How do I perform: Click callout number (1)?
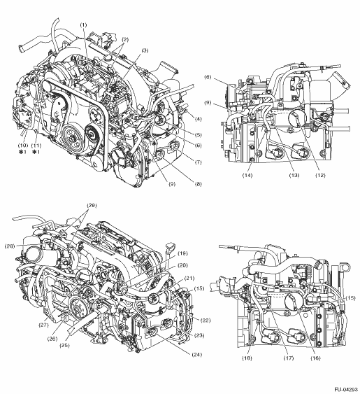click(x=83, y=25)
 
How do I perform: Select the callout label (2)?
click(x=125, y=39)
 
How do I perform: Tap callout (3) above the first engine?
click(x=145, y=50)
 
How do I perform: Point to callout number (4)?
click(x=199, y=119)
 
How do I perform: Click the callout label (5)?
click(x=199, y=135)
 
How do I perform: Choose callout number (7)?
click(x=199, y=162)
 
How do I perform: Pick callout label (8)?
click(x=198, y=184)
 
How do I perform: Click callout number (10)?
click(x=23, y=146)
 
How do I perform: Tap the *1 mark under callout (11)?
click(x=36, y=152)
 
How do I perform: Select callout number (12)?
click(x=320, y=176)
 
